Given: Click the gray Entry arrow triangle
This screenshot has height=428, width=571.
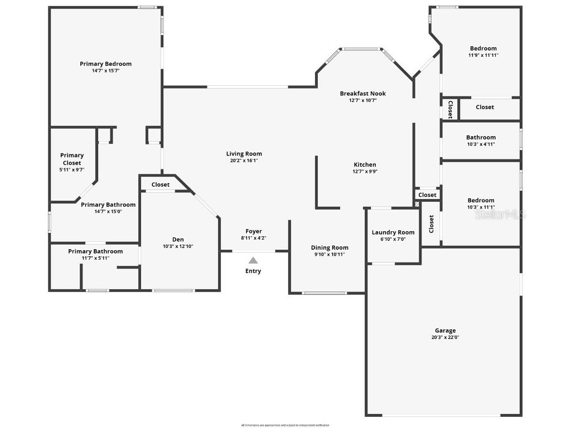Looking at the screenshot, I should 253,260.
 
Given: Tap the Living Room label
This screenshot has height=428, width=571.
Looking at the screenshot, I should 244,154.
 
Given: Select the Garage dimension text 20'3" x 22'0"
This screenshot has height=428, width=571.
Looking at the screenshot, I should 444,337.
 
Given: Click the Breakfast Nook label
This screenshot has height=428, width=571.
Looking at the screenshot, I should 362,94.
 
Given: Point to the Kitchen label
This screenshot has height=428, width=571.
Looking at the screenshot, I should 365,164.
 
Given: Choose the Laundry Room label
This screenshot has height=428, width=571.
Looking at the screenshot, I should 393,232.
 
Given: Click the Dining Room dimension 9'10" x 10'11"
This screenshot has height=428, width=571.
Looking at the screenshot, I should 329,254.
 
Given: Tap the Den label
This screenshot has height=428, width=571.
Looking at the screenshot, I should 178,240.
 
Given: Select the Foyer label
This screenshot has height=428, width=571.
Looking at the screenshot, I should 254,231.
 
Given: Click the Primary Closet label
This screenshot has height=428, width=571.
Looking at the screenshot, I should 72,159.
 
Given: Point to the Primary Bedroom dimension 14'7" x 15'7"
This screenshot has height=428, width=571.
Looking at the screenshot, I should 105,71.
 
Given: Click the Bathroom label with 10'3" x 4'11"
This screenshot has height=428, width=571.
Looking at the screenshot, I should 481,137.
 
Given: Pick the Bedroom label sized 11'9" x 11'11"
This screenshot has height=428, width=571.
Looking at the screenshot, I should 483,48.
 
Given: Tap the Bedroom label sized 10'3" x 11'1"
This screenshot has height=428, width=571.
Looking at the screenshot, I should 481,201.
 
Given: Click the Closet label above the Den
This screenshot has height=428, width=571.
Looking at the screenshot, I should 161,184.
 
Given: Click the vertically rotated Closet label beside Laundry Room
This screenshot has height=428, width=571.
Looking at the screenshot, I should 431,224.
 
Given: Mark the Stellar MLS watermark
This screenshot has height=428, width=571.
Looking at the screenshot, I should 500,214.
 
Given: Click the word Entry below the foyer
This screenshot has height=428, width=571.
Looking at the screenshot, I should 253,271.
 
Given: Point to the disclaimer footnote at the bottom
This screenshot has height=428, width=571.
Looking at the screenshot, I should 285,425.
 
